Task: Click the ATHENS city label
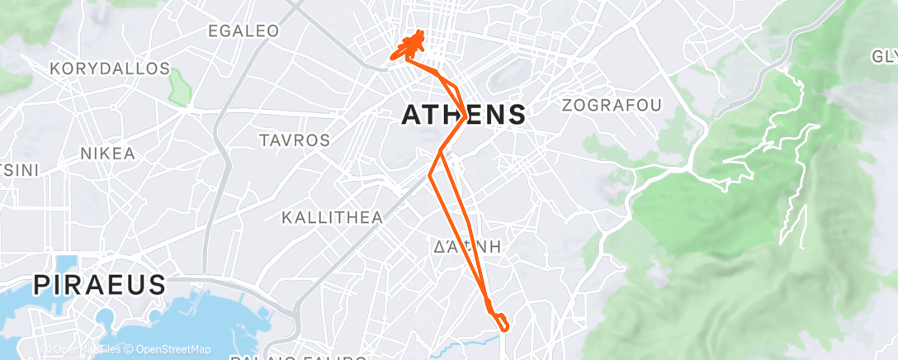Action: [x=463, y=115]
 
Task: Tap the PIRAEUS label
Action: [x=99, y=286]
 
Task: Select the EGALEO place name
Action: [x=243, y=31]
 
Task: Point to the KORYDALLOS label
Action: [x=110, y=69]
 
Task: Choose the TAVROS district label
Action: [x=295, y=140]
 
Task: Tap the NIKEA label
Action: [x=107, y=154]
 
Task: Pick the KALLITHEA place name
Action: [x=333, y=218]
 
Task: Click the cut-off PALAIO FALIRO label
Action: [x=299, y=357]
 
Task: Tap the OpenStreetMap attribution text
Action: [x=168, y=349]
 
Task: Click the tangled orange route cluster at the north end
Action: [x=410, y=47]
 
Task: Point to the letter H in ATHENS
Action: [x=442, y=115]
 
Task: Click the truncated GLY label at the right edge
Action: [x=884, y=56]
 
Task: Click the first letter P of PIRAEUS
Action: [x=42, y=286]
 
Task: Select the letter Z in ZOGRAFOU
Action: [x=567, y=105]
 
